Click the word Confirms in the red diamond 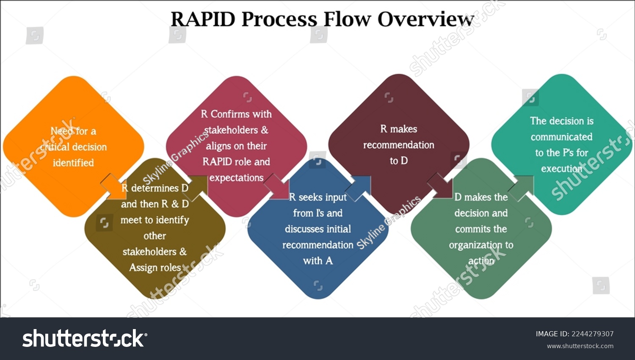coord(241,114)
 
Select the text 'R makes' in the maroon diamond coord(398,129)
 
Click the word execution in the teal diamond coord(561,169)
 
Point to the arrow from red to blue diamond coord(277,187)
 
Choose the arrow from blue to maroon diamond coord(359,187)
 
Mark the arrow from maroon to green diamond coord(440,186)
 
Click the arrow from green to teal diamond coord(522,187)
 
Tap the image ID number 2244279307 coord(592,334)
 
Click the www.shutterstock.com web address coord(580,346)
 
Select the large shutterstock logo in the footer coord(85,338)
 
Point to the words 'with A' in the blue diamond coord(317,261)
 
